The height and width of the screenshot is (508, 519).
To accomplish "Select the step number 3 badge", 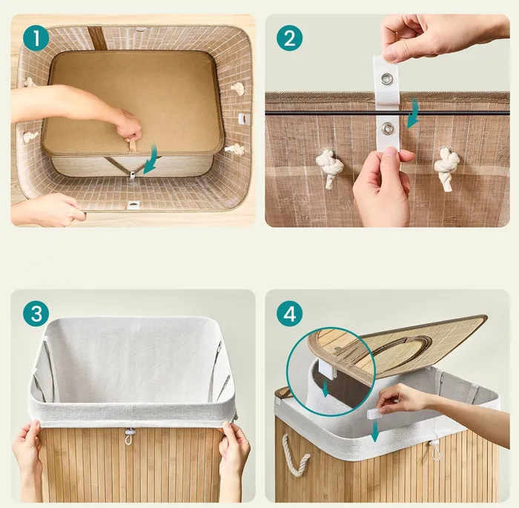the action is tap(36, 314).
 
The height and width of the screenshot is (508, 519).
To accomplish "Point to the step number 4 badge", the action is tap(290, 314).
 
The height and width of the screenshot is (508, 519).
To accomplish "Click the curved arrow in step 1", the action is tap(151, 161).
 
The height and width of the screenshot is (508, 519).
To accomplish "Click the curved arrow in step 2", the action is tap(413, 113).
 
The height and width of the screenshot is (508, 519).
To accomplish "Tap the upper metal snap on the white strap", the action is tap(386, 79).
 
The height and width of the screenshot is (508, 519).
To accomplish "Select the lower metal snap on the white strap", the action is tap(386, 128).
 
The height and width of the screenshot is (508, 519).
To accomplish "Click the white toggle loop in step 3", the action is tap(129, 435).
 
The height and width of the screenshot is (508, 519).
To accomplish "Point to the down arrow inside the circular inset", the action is tap(325, 389).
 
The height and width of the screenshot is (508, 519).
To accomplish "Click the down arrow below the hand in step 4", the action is tap(374, 431).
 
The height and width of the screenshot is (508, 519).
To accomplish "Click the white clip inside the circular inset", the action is tap(327, 369).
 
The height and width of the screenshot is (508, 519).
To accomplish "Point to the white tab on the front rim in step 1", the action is tap(133, 205).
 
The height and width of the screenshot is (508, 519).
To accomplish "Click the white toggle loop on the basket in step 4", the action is tap(434, 449).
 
